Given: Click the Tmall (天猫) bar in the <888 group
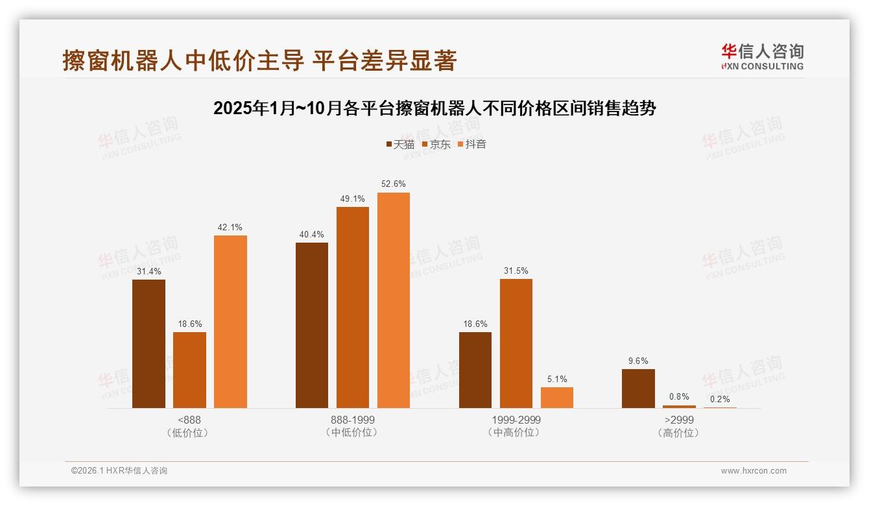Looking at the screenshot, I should click(149, 344).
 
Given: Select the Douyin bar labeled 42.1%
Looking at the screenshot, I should click(230, 322).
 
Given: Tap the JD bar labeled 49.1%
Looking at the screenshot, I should click(352, 307).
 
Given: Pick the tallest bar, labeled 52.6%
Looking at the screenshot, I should click(393, 300).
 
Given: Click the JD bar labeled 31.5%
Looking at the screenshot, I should click(516, 344).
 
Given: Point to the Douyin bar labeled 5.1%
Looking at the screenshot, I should click(556, 398).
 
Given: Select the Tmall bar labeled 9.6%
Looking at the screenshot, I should click(638, 389).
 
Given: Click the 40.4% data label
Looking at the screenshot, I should click(311, 235).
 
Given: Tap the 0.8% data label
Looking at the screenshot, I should click(679, 397).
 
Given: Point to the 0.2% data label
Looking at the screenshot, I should click(720, 399).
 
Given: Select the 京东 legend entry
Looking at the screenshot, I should click(436, 145).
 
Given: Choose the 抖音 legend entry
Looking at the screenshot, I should click(471, 145).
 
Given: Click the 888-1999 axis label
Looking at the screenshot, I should click(352, 420).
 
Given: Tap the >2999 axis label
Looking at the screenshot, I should click(679, 420).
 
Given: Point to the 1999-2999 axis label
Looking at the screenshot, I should click(516, 420).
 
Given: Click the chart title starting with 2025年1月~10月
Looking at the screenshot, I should click(434, 108).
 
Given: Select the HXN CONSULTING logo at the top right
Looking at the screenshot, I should click(762, 56).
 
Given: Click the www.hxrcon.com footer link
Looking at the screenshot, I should click(754, 471).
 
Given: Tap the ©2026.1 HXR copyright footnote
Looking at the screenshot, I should click(119, 471).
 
